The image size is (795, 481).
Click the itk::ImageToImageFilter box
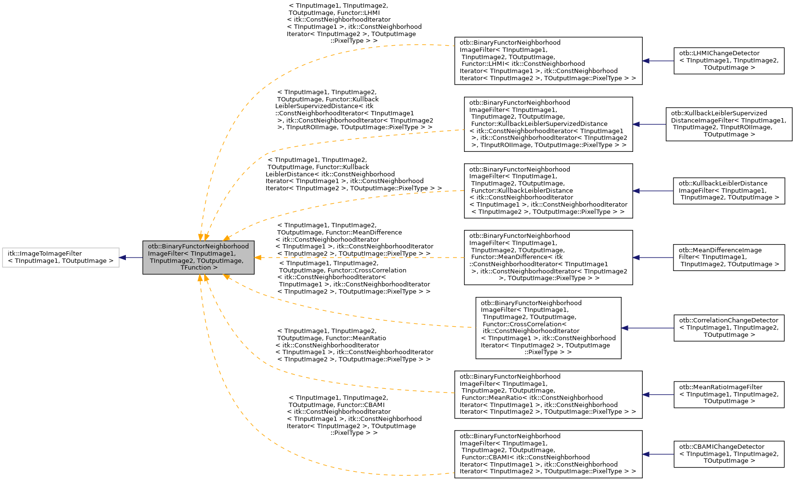61,258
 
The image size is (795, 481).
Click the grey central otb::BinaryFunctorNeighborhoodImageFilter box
198,258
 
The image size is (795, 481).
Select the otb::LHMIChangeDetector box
729,61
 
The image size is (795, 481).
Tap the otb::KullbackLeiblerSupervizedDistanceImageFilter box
729,124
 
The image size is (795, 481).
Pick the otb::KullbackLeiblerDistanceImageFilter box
729,191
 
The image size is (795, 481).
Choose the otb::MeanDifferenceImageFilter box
729,258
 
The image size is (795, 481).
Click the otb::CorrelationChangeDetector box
729,328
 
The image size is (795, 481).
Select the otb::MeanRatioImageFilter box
729,395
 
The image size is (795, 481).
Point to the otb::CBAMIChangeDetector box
729,454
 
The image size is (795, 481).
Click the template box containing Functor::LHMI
548,61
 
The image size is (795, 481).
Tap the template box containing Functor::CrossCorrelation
548,328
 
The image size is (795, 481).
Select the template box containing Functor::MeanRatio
548,395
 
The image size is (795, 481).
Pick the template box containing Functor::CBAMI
548,454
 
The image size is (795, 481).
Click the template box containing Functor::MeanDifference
548,258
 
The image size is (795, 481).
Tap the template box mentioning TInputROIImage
548,124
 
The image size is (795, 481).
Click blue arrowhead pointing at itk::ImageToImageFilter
123,258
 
